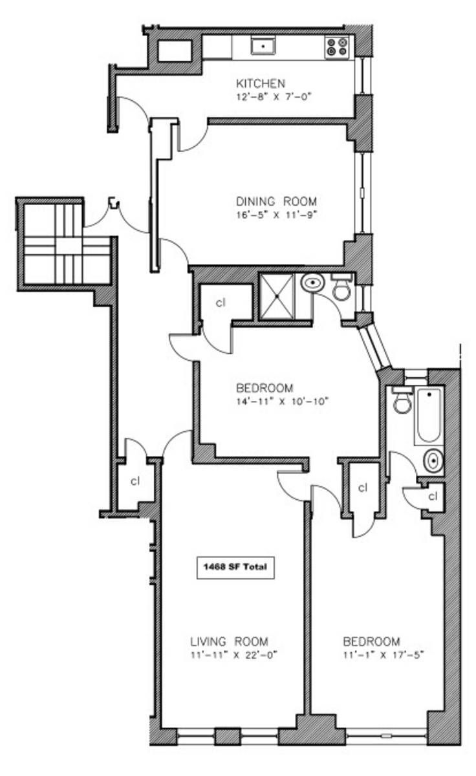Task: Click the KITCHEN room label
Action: (261, 83)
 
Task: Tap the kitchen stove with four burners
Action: (337, 47)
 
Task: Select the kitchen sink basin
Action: (263, 46)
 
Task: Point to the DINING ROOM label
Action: (276, 201)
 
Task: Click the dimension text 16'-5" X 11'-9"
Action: (277, 215)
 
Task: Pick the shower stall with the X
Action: (276, 296)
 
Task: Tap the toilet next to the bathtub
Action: (402, 400)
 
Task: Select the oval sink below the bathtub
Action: (433, 461)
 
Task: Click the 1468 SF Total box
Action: (235, 568)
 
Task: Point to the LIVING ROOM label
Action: (229, 641)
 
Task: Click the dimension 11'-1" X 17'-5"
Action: (384, 655)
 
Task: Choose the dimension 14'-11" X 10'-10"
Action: (282, 401)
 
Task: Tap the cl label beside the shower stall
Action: (221, 303)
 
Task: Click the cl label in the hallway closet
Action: (135, 481)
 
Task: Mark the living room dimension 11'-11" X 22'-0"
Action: (234, 655)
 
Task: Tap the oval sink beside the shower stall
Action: (313, 283)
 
